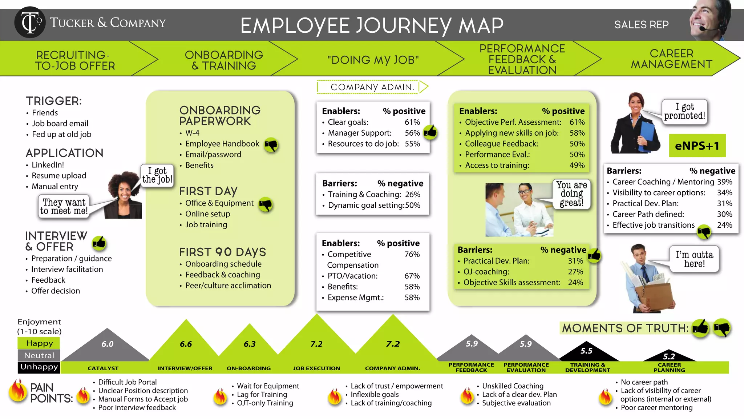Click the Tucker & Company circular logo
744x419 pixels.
30,22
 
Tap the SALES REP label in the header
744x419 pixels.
641,25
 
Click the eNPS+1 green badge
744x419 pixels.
697,146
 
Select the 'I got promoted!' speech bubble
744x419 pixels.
684,112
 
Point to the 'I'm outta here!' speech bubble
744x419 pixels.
694,259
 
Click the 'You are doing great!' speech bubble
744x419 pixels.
571,194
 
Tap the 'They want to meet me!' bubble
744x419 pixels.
64,207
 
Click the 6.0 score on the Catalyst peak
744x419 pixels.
107,344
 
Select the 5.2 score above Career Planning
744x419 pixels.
669,356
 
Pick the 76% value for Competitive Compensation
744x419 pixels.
412,254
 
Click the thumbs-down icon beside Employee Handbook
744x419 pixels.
271,145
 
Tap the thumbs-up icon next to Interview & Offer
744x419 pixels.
99,243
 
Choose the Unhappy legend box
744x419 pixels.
39,367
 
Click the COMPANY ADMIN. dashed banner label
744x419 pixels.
372,87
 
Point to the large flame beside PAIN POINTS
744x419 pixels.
17,391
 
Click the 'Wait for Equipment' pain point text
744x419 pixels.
268,386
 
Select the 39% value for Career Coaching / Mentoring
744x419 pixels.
724,182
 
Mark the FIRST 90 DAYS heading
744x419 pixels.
222,252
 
